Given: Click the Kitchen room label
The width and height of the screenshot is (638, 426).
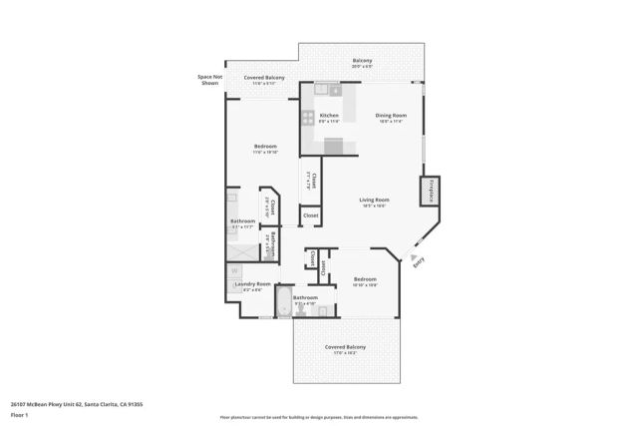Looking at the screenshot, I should (x=328, y=116).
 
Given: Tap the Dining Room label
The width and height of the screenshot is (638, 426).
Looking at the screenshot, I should (x=390, y=116).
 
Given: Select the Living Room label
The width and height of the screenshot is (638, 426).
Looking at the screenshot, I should (x=374, y=200).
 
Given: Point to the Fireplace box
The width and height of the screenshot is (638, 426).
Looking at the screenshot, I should (x=429, y=192).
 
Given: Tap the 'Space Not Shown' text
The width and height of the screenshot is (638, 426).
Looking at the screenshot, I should (x=208, y=80).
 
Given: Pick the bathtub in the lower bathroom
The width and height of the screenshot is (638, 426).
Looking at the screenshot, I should (x=283, y=305).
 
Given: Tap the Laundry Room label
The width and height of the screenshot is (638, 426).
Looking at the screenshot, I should (x=252, y=284).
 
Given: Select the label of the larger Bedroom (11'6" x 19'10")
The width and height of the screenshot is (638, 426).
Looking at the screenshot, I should (x=264, y=147).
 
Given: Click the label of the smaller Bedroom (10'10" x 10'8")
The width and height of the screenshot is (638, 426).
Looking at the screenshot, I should (x=365, y=279).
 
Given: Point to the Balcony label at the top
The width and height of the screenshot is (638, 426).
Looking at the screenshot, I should (x=362, y=62).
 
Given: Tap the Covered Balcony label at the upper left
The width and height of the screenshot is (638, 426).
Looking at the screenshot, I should (x=264, y=78).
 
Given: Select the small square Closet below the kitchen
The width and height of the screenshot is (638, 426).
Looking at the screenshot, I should (x=310, y=214).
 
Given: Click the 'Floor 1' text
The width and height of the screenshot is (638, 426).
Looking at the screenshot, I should (x=20, y=414).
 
